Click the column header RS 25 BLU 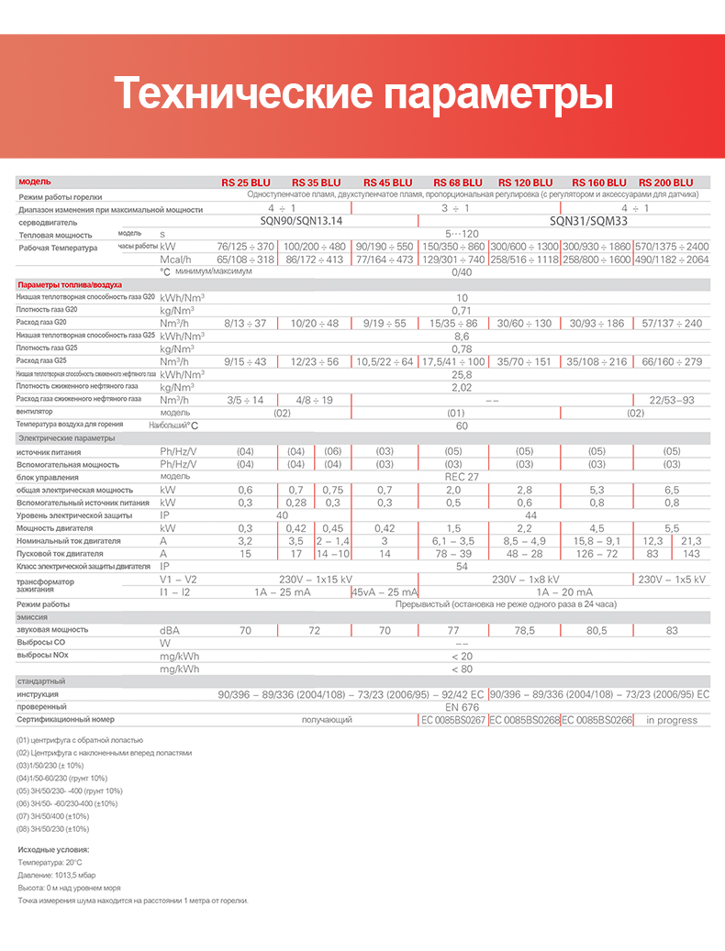[246, 182]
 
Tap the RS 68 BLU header [458, 182]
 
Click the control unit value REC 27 [462, 477]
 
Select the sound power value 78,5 [524, 631]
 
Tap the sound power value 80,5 [597, 631]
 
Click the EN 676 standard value [462, 707]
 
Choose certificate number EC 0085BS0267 [452, 720]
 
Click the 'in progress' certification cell [672, 720]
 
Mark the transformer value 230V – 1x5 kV [672, 580]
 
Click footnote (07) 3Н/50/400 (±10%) [52, 816]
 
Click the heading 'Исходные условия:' [53, 850]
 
